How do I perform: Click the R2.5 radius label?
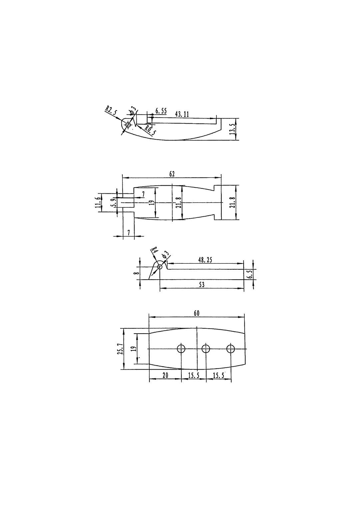click(111, 111)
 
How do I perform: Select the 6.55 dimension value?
click(161, 111)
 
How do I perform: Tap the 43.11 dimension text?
click(182, 114)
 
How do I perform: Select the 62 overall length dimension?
click(172, 174)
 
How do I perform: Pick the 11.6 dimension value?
click(97, 203)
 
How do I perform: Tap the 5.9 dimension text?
click(114, 203)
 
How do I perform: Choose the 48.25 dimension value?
click(205, 260)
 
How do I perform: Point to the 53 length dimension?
click(202, 284)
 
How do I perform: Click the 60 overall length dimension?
click(197, 313)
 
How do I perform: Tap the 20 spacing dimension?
click(165, 375)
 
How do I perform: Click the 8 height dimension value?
click(136, 273)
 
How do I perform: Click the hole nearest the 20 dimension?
click(181, 349)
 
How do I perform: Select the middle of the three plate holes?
click(206, 349)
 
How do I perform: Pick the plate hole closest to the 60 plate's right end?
click(231, 349)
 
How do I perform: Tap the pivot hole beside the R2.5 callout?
click(128, 125)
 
